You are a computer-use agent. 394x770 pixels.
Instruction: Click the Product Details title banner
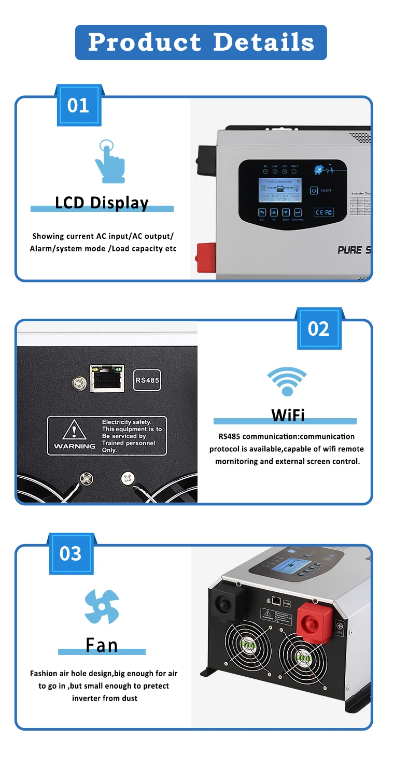pos(201,42)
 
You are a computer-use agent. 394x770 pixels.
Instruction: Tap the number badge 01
pos(78,106)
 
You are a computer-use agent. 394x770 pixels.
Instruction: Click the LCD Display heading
pos(102,203)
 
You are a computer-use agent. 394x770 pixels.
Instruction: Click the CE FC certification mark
pos(323,212)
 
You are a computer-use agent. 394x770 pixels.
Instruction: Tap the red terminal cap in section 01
pos(205,257)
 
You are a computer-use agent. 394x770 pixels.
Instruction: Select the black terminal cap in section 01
pos(206,160)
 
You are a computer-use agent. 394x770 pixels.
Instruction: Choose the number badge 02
pos(318,329)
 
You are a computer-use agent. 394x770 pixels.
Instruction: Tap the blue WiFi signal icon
pos(286,382)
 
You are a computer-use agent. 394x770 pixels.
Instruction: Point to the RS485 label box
pos(148,380)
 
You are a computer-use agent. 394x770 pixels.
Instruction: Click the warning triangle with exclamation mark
pos(74,430)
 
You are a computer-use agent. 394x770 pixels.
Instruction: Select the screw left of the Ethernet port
pos(79,384)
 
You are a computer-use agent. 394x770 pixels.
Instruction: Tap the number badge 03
pos(71,553)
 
